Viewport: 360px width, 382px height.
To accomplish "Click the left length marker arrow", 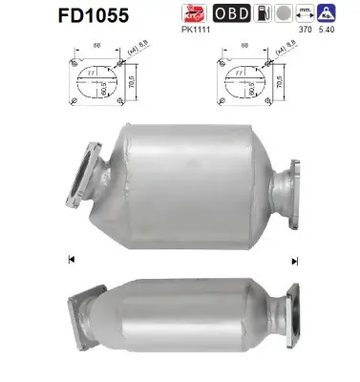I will [70, 258].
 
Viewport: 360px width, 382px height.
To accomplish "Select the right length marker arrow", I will [295, 260].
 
